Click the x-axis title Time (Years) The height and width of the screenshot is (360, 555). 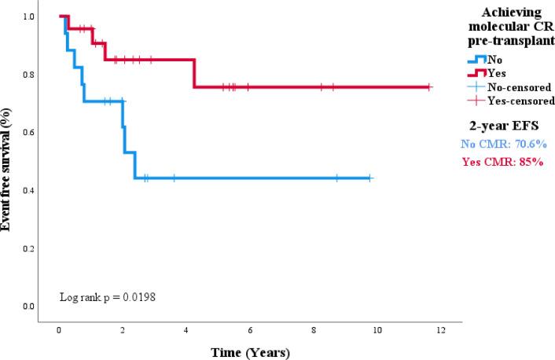[249, 351]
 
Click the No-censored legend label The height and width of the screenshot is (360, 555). [519, 87]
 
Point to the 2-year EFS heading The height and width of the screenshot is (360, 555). [505, 127]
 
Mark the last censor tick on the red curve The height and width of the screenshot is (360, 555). [428, 86]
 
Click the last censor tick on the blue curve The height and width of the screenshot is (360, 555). [369, 178]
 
